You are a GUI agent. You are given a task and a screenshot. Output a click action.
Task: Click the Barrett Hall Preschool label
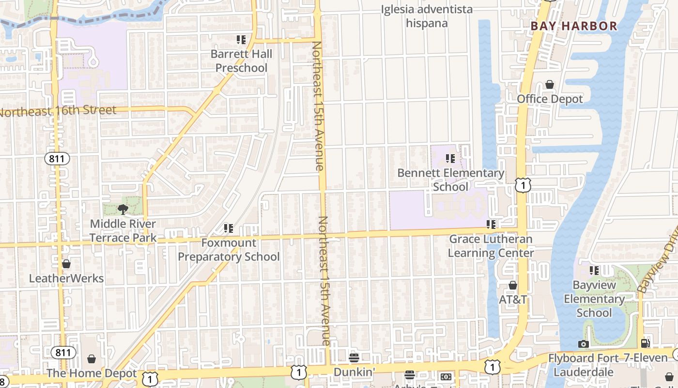241,61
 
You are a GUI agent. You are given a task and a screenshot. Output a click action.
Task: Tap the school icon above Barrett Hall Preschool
241,39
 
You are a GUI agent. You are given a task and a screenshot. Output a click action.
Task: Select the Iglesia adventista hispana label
426,16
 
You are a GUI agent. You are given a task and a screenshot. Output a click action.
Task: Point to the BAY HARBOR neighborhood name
574,26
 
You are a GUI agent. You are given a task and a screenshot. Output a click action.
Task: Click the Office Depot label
550,99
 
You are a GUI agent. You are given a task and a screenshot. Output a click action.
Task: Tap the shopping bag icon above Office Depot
550,85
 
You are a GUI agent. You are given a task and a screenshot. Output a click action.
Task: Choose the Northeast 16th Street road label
58,111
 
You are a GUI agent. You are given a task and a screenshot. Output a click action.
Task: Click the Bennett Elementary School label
450,180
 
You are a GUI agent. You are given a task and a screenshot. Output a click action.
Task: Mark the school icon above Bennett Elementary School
450,158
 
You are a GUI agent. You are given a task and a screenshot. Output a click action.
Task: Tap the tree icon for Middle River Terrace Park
123,210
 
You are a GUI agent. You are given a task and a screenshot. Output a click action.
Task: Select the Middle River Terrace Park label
123,230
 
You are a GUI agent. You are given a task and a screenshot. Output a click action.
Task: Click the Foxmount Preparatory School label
229,249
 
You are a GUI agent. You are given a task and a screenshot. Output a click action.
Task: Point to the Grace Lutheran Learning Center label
491,246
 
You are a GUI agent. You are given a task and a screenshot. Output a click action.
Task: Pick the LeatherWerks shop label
66,278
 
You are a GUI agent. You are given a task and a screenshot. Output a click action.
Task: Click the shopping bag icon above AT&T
513,285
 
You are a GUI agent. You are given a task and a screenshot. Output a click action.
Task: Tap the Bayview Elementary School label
594,298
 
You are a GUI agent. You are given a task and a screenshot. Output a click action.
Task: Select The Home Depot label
92,373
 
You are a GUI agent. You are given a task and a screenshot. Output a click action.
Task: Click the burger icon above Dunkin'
354,358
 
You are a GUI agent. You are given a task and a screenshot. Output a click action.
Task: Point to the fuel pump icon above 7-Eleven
646,343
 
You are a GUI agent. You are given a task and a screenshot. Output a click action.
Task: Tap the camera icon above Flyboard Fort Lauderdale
583,344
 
